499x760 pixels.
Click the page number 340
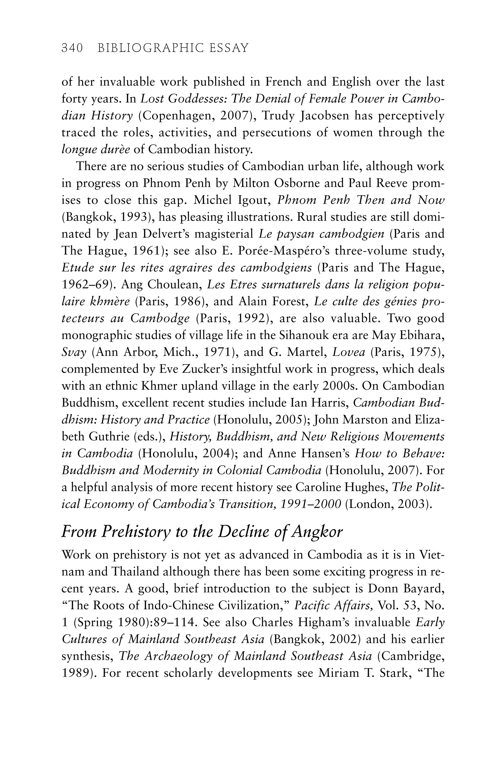(x=72, y=48)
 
